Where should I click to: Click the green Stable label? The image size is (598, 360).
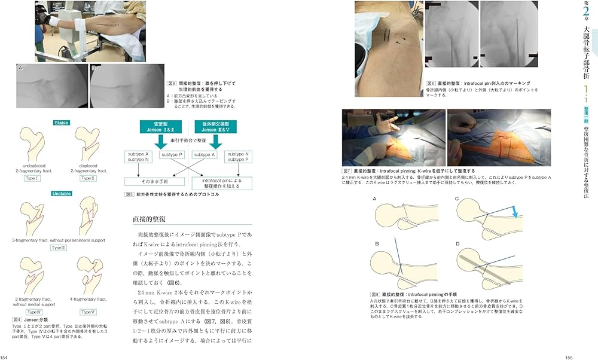click(x=62, y=123)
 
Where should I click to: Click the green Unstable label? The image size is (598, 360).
click(x=62, y=193)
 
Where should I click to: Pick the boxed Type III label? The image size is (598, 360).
click(x=58, y=247)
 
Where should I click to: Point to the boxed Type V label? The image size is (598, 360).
click(x=87, y=312)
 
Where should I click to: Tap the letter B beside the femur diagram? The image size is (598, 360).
click(x=377, y=244)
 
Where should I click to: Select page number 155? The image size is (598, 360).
click(x=569, y=357)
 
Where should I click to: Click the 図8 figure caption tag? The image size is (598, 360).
click(x=376, y=294)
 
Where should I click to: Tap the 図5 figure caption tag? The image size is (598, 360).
click(x=129, y=194)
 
